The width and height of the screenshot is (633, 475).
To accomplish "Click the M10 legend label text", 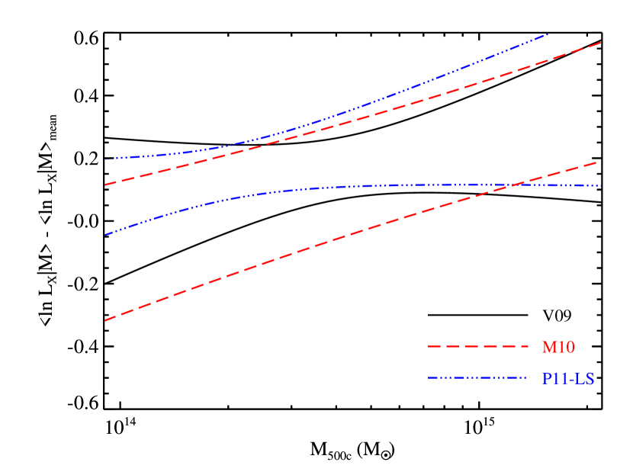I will [558, 348].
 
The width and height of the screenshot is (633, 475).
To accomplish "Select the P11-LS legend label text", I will [568, 378].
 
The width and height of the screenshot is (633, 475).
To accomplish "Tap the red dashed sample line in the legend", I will [478, 347].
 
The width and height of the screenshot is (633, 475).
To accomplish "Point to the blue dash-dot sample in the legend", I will [478, 377].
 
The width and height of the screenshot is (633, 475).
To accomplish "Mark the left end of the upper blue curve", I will [105, 159].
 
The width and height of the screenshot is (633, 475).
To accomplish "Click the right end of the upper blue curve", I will [548, 34].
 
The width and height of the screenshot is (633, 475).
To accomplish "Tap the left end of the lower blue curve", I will [105, 235].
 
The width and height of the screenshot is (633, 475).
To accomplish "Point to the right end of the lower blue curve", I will [601, 186].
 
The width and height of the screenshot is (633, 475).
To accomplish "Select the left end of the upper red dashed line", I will [105, 185].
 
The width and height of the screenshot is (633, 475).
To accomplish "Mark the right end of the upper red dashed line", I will [601, 43].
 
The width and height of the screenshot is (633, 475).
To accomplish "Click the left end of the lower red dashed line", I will [105, 320].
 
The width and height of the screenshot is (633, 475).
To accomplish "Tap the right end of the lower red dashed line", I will [596, 162].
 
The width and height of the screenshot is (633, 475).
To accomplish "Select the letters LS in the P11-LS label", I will [586, 378].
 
